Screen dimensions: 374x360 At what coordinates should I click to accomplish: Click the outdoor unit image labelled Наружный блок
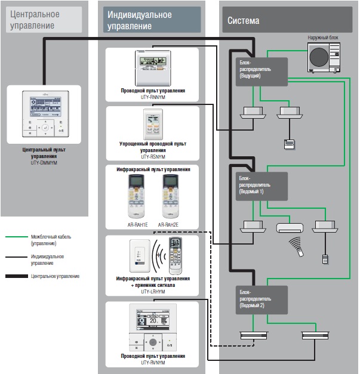click(x=323, y=57)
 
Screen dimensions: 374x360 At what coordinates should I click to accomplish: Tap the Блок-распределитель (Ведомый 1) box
click(x=261, y=186)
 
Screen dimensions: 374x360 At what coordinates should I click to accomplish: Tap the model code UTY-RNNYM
click(x=152, y=97)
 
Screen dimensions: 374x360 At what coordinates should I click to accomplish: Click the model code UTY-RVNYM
click(x=152, y=362)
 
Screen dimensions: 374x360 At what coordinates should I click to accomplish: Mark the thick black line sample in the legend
click(x=16, y=276)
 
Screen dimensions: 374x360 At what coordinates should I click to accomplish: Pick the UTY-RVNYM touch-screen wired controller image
click(x=152, y=329)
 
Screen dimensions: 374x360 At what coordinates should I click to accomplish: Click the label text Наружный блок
click(x=322, y=38)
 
